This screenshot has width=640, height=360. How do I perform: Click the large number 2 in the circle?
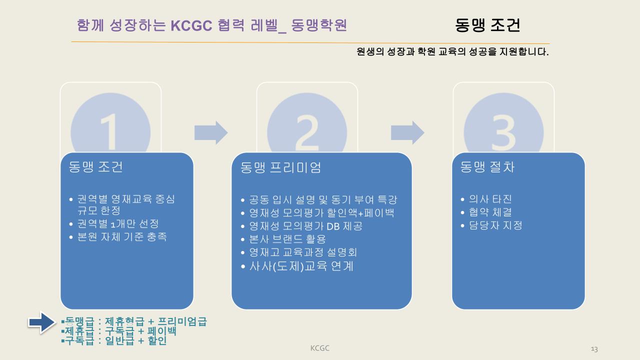(306, 131)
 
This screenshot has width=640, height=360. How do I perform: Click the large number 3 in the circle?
(503, 131)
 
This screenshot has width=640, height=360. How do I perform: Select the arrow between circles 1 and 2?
(211, 133)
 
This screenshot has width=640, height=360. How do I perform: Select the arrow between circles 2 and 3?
(407, 133)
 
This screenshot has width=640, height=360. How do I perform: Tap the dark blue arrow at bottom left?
(42, 322)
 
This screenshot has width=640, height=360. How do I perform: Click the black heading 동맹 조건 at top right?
(487, 25)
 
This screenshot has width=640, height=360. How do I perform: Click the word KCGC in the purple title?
(191, 25)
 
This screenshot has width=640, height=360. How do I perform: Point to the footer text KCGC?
(319, 348)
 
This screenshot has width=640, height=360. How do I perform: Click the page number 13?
(594, 349)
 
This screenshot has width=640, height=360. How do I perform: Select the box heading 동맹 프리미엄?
(280, 167)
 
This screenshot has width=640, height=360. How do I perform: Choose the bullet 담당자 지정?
(495, 225)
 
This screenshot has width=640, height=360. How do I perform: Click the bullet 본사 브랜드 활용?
(287, 239)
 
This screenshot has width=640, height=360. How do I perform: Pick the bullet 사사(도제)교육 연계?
(301, 266)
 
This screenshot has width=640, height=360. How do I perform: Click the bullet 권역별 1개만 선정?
(118, 223)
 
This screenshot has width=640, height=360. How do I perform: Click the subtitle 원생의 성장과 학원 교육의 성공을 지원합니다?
(452, 51)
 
